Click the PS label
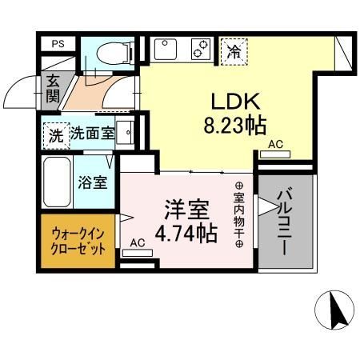click(x=58, y=44)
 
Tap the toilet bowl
click(x=114, y=54)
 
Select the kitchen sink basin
click(x=166, y=50)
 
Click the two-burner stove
click(x=201, y=49)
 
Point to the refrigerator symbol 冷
click(x=234, y=52)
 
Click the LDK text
click(x=235, y=102)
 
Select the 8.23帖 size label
click(x=235, y=126)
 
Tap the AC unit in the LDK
click(x=275, y=154)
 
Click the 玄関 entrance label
click(x=53, y=89)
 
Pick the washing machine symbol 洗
click(x=57, y=136)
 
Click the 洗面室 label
click(x=93, y=133)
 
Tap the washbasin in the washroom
click(x=125, y=132)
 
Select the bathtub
click(x=57, y=182)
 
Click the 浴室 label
click(x=93, y=182)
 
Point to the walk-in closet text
click(x=78, y=242)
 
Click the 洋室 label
click(x=186, y=210)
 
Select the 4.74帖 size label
click(x=186, y=233)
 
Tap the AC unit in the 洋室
click(x=138, y=253)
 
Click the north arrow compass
click(x=334, y=310)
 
